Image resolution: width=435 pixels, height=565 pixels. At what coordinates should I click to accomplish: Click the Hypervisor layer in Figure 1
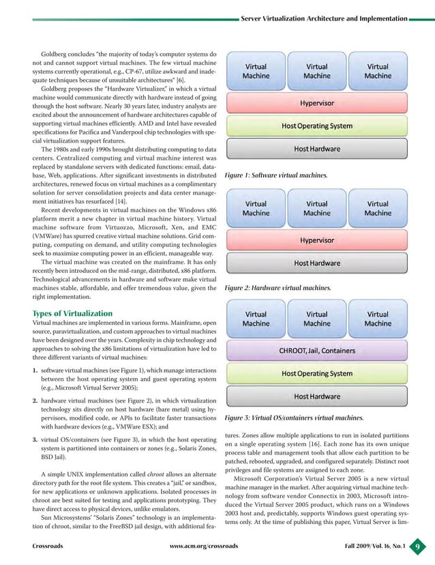[316, 103]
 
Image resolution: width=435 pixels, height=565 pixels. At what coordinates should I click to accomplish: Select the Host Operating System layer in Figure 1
[316, 126]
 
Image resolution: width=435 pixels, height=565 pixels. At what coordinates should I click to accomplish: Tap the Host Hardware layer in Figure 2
[316, 263]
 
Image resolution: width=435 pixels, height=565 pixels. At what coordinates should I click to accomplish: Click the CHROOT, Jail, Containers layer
[316, 351]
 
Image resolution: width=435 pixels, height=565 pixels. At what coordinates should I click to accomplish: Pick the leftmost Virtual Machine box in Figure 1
[256, 72]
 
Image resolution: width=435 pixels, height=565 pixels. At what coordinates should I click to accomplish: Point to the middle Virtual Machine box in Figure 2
[316, 208]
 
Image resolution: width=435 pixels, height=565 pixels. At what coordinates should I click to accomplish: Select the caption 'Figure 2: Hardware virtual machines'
[276, 288]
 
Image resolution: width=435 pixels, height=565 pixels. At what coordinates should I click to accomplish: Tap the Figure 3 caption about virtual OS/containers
[293, 417]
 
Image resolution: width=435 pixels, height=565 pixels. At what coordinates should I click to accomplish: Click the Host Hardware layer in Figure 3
[316, 396]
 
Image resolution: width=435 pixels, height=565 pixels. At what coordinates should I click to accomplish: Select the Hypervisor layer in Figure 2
[316, 240]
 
